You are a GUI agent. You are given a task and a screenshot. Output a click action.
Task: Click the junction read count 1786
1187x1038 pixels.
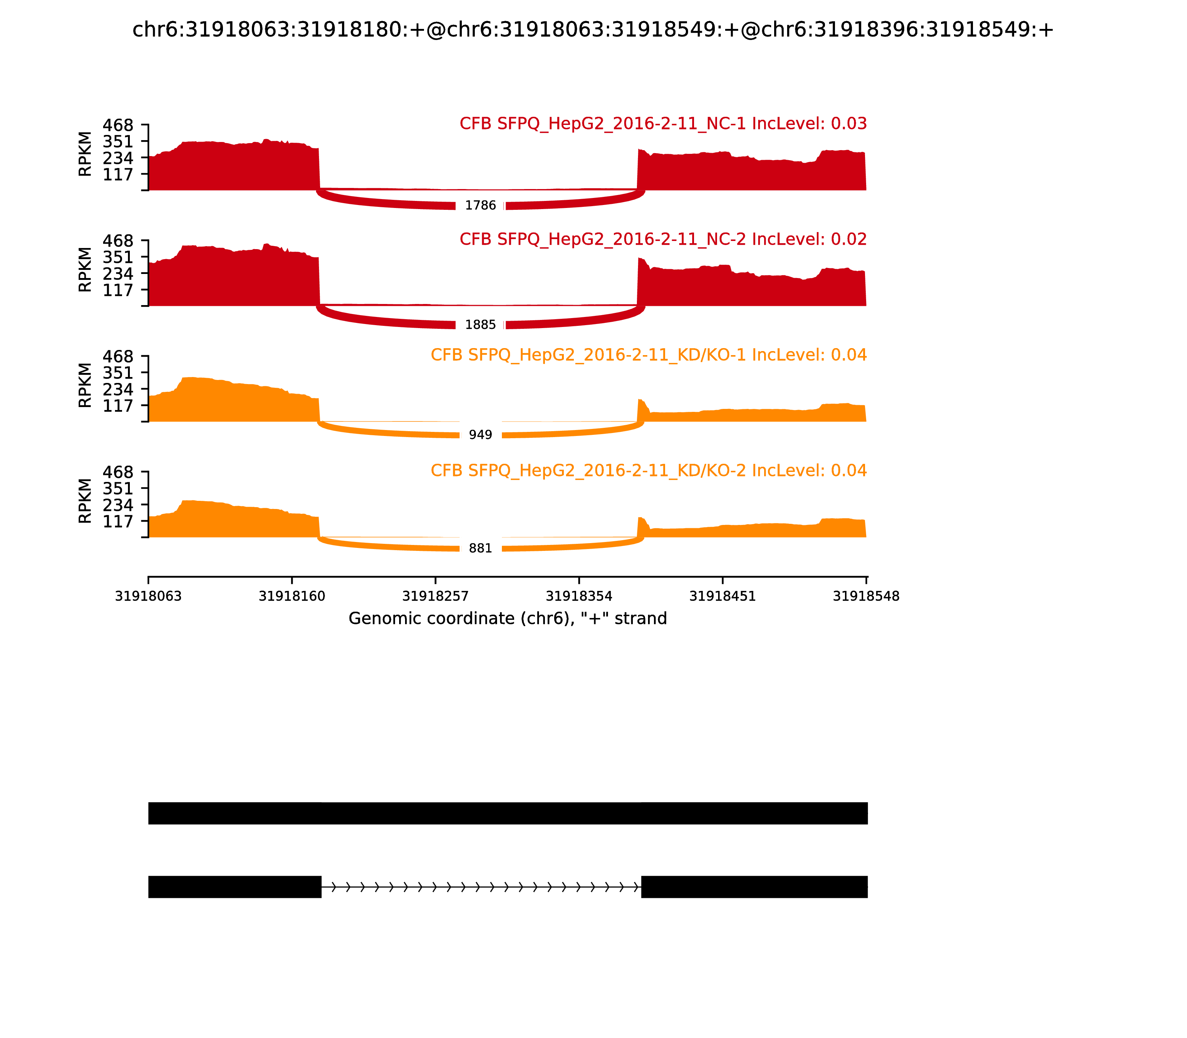(480, 206)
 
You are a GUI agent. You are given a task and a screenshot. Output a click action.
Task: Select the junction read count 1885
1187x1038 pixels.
(480, 325)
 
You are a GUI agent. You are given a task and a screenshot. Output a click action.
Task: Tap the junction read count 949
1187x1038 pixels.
(480, 435)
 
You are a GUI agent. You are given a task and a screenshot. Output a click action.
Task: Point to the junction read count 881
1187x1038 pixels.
(480, 549)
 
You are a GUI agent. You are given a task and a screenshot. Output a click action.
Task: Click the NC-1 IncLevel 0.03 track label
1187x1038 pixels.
(663, 123)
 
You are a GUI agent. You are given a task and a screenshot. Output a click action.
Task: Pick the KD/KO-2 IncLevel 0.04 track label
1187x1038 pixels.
(648, 470)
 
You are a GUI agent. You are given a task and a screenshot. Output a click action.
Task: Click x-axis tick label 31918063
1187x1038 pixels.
(148, 596)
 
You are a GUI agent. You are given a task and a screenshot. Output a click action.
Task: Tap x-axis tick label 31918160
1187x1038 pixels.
(292, 596)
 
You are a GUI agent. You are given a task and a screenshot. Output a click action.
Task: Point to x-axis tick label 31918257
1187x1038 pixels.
(435, 596)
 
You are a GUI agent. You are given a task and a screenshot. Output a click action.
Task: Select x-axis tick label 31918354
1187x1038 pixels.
(579, 596)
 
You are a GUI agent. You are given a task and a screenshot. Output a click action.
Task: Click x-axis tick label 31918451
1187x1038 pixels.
(722, 596)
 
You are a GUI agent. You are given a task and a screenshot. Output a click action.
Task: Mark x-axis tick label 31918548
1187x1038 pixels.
(866, 596)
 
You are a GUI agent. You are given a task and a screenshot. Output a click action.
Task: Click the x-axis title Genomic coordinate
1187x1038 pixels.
(508, 619)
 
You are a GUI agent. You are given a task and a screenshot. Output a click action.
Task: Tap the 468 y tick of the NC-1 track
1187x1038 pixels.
(118, 125)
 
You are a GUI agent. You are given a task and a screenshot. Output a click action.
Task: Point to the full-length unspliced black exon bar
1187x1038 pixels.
(508, 813)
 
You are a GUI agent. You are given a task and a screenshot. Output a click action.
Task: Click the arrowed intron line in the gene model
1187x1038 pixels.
(481, 887)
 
